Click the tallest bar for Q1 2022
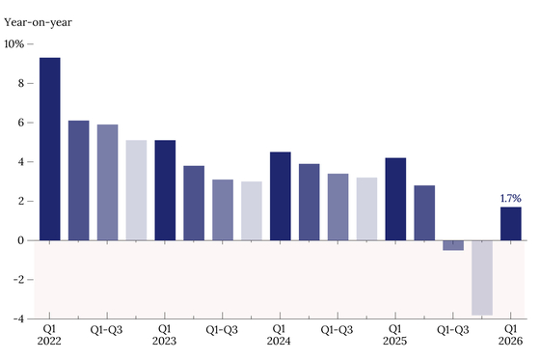[x=50, y=149]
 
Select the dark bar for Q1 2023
[x=165, y=190]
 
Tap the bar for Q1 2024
[x=281, y=196]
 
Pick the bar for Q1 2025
[x=395, y=199]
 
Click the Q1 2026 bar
[x=511, y=224]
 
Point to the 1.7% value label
[x=511, y=198]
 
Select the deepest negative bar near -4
[x=482, y=278]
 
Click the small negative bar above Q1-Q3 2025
[x=453, y=245]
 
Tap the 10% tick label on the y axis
[x=14, y=44]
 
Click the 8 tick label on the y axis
[x=21, y=83]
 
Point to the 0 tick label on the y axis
[x=21, y=240]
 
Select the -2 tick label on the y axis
[x=19, y=279]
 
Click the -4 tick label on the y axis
[x=19, y=318]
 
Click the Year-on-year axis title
[x=38, y=23]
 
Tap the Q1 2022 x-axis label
[x=49, y=335]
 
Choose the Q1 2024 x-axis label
[x=279, y=335]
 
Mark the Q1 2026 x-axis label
[x=510, y=335]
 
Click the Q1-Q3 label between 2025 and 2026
[x=453, y=330]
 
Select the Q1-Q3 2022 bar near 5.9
[x=107, y=182]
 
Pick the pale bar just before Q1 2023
[x=136, y=190]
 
